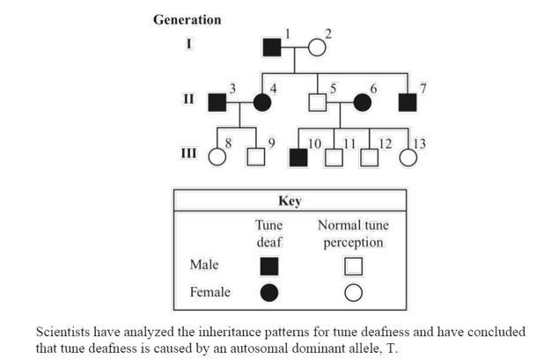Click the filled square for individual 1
[273, 49]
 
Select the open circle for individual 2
[316, 49]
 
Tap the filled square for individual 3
[217, 102]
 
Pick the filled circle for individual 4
[262, 102]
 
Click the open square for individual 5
[317, 102]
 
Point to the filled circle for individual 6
[362, 102]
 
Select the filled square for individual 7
[407, 102]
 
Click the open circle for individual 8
[217, 158]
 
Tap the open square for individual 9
[255, 158]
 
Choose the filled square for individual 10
[298, 158]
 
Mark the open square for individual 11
[334, 158]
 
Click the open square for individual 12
[370, 158]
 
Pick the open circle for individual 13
[408, 158]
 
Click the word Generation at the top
[187, 19]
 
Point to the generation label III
[188, 153]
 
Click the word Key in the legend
[290, 201]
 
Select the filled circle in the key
[269, 292]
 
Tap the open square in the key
[353, 265]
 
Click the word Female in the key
[210, 292]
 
